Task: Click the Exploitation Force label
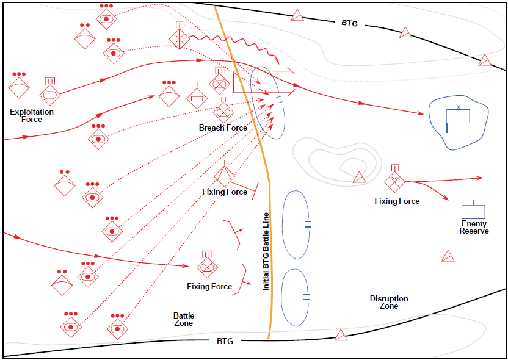[x=32, y=115]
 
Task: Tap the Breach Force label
[x=223, y=128]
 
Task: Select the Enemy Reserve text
[x=474, y=228]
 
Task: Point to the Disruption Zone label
[x=389, y=302]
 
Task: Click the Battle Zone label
[x=183, y=319]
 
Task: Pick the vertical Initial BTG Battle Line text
[x=266, y=251]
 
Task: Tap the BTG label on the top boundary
[x=349, y=23]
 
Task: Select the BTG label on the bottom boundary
[x=225, y=341]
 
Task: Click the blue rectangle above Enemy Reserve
[x=473, y=211]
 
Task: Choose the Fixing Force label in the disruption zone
[x=397, y=201]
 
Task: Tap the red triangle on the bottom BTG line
[x=341, y=335]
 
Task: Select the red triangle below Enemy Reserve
[x=448, y=256]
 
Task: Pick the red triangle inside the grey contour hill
[x=359, y=178]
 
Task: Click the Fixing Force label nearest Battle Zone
[x=209, y=286]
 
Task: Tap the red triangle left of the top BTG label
[x=297, y=15]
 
